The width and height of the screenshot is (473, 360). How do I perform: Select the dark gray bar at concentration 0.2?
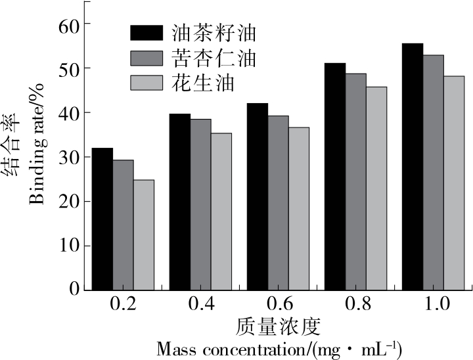(x=123, y=225)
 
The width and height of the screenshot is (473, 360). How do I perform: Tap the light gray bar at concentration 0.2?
(x=143, y=235)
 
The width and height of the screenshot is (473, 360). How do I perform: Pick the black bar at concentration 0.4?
(x=179, y=202)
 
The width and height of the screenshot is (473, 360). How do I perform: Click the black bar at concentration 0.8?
(x=335, y=176)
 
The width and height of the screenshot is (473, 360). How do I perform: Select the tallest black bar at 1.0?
(x=413, y=166)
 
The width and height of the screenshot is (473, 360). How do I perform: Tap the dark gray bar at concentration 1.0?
(x=433, y=172)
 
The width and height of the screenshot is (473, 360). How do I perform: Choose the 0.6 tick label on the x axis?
(x=277, y=305)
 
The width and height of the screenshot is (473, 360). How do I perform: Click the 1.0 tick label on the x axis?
(x=433, y=305)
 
